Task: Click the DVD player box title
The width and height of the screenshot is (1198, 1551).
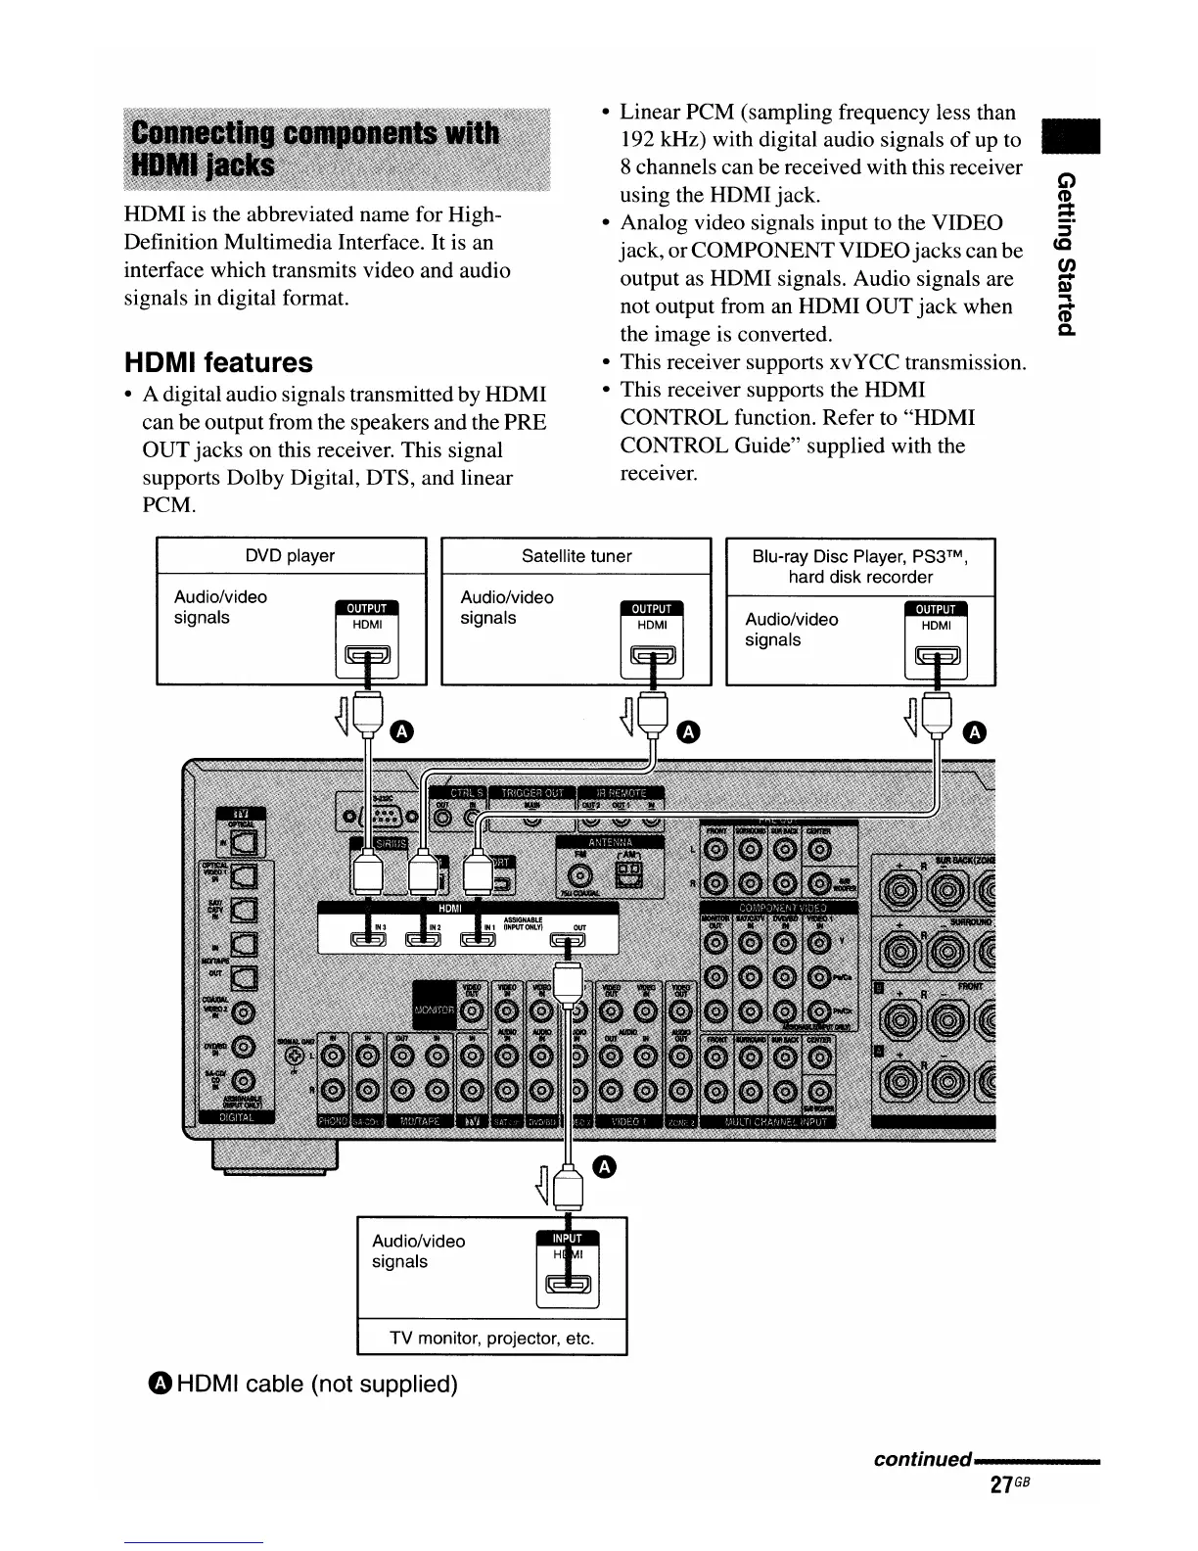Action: pyautogui.click(x=291, y=556)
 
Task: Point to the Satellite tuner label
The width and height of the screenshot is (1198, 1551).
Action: pyautogui.click(x=576, y=556)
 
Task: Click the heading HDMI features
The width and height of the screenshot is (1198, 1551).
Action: pyautogui.click(x=218, y=363)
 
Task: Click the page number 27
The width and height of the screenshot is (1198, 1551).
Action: pyautogui.click(x=999, y=1484)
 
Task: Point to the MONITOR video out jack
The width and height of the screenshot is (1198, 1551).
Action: pyautogui.click(x=471, y=1010)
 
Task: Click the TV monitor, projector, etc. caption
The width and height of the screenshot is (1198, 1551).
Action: pyautogui.click(x=491, y=1339)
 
